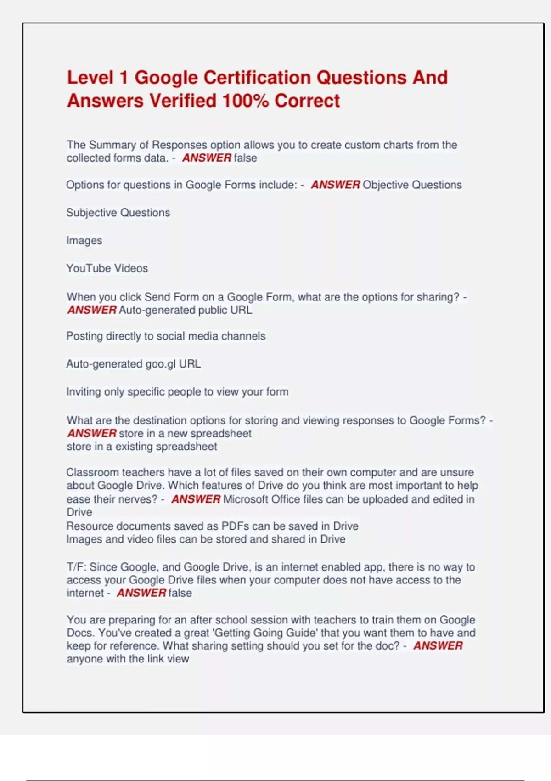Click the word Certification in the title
point(257,77)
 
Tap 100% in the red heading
point(245,101)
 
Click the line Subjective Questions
point(118,213)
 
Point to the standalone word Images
point(84,240)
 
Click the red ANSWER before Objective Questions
point(335,185)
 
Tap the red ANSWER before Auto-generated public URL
point(92,310)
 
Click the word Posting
point(84,336)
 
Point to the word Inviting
point(83,392)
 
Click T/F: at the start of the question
point(76,567)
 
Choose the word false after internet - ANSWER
point(180,593)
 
